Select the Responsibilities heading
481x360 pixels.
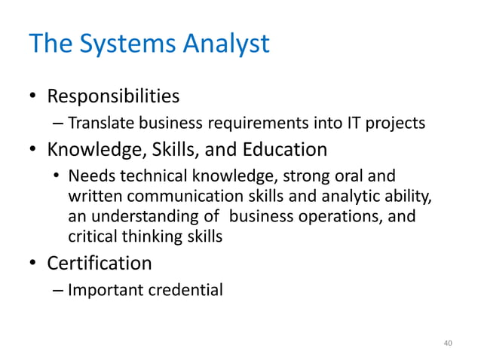coord(113,97)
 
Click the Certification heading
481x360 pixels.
coord(100,264)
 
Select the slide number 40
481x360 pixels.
coord(448,343)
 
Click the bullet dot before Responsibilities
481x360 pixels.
coord(34,98)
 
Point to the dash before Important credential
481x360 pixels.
coord(58,289)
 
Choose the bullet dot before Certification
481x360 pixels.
coord(34,264)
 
